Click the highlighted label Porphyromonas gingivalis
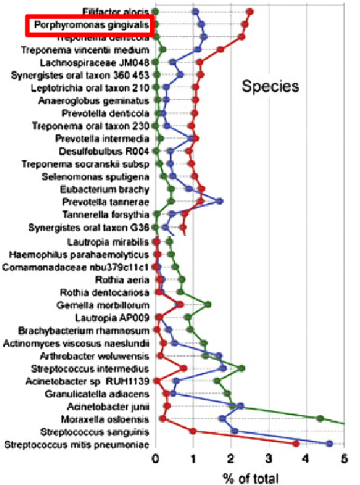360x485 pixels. pos(88,25)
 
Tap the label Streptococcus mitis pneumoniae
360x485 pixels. pos(76,445)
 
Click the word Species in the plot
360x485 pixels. pos(269,86)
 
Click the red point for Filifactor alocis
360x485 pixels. pos(250,12)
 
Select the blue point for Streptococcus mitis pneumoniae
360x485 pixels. pos(329,444)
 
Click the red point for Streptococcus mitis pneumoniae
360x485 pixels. pos(296,444)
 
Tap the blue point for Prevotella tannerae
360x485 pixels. pos(219,202)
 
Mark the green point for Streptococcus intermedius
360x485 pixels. pos(241,368)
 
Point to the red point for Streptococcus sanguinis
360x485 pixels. pos(193,431)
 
